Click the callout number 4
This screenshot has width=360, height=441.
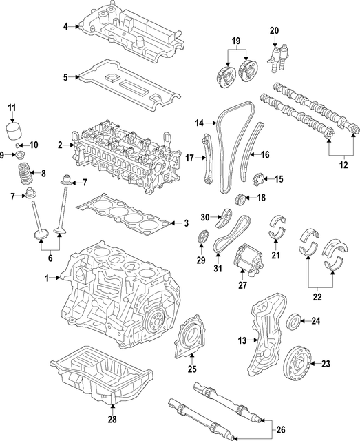pyautogui.click(x=65, y=27)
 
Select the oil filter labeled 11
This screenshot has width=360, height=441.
pyautogui.click(x=12, y=132)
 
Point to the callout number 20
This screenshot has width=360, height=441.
pyautogui.click(x=274, y=30)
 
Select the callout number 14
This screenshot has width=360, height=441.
pyautogui.click(x=200, y=123)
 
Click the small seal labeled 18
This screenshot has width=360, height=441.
pyautogui.click(x=240, y=200)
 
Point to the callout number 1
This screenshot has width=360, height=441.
pyautogui.click(x=47, y=278)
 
